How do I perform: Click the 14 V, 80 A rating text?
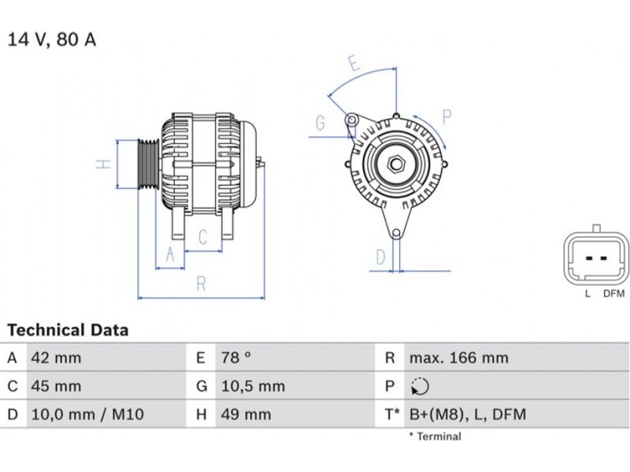tap(52, 40)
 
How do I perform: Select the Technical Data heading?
tap(68, 330)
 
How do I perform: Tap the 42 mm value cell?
tap(56, 358)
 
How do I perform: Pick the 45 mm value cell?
tap(56, 386)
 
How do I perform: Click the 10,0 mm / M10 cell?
tap(87, 415)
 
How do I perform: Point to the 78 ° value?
tap(235, 358)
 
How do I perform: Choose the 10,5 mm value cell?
tap(253, 386)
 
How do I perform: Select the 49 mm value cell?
tap(246, 415)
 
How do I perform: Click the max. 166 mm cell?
tap(459, 358)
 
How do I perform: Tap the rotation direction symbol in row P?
tap(420, 386)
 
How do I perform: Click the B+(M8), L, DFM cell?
tap(468, 415)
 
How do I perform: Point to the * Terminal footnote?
tap(435, 437)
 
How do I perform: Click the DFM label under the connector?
tap(614, 293)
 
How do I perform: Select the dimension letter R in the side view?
tap(202, 283)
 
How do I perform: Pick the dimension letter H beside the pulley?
tap(104, 164)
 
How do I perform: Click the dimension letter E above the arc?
tap(354, 64)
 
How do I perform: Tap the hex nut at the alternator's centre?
tap(396, 164)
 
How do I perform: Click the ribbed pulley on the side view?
tap(148, 164)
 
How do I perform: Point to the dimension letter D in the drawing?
tap(380, 257)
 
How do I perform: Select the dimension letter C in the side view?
tap(203, 237)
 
